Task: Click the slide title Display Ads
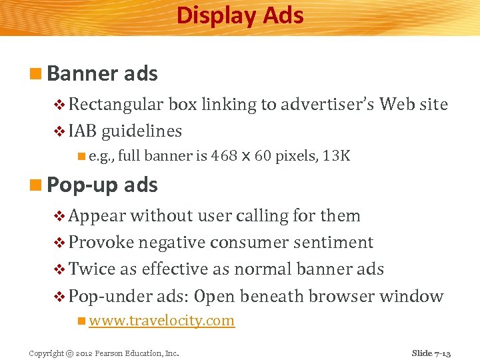pos(240,15)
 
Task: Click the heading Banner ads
pos(103,73)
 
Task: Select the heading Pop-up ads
pos(103,185)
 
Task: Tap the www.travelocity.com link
pos(161,321)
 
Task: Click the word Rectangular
pos(116,104)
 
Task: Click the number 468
pos(223,157)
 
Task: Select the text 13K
pos(336,157)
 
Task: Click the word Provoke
pos(102,243)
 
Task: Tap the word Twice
pos(92,269)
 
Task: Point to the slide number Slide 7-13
pos(431,353)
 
